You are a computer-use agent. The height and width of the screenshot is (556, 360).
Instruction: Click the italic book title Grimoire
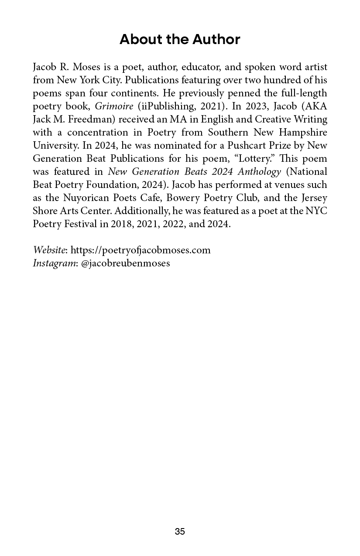[114, 106]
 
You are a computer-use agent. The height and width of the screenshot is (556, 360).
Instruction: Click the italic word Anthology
[259, 172]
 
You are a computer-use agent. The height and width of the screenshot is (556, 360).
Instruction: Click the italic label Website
[49, 250]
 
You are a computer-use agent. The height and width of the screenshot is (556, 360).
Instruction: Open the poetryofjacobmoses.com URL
[141, 250]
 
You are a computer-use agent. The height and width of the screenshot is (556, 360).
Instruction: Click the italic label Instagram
[54, 263]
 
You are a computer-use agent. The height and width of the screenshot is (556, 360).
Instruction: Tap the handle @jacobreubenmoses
[126, 263]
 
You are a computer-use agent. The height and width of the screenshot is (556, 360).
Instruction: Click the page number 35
[180, 532]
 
